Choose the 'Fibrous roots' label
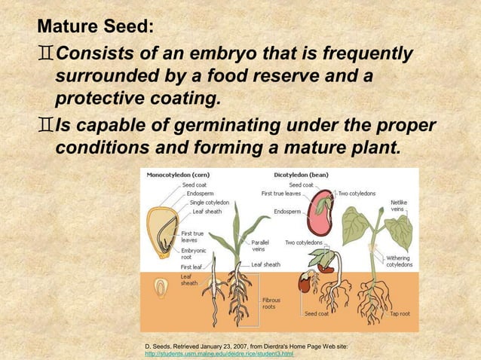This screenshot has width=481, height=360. coord(271,304)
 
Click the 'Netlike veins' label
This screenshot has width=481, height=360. coord(400,206)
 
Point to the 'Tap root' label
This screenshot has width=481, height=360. coord(400,313)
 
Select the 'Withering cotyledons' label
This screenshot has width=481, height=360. coord(399,261)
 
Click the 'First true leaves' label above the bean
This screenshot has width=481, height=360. coord(282,194)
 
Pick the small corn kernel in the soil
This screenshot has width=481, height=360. coord(161,288)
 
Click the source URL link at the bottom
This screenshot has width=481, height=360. coord(218,354)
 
